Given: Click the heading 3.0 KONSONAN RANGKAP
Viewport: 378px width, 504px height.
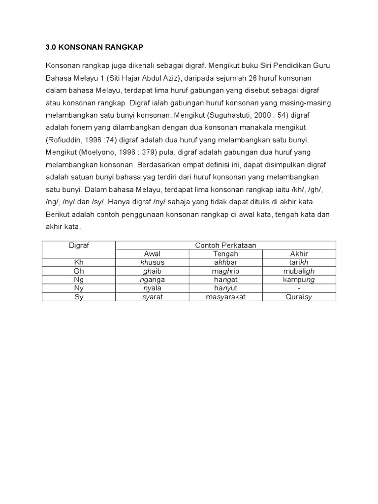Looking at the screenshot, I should point(94,47).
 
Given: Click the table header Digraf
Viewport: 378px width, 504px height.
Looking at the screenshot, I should point(79,245).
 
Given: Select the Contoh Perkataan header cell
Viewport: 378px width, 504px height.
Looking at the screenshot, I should point(225,245).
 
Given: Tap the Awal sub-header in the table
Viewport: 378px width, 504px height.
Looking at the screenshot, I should point(152,253).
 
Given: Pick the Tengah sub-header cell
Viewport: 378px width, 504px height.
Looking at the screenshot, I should point(225,253).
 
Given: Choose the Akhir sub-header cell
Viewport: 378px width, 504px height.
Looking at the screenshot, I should point(299,253).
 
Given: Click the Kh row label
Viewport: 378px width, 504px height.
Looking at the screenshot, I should point(79,262).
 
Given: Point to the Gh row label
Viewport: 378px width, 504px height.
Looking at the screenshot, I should point(79,271).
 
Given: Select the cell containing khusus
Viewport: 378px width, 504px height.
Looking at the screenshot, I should point(152,262).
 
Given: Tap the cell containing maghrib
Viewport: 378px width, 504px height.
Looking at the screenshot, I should point(225,271).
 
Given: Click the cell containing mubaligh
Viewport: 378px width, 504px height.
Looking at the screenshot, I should point(299,271).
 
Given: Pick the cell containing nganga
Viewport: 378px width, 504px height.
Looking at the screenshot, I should point(152,280).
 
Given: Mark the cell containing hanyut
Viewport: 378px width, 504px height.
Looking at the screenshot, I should point(225,288).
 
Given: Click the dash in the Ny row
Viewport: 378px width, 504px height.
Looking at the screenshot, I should point(299,288).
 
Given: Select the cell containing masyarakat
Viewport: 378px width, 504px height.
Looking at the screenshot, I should point(225,297).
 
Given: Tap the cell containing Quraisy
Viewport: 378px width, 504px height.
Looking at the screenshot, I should point(299,297).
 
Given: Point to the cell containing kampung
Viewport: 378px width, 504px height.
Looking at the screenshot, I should point(299,280).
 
